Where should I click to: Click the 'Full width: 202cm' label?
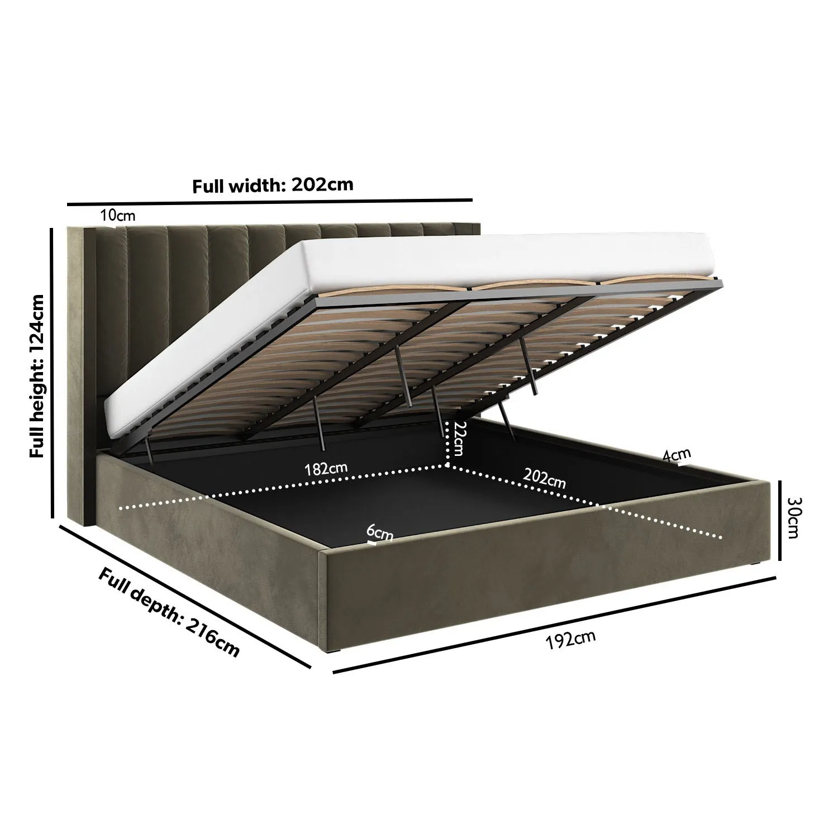(273, 185)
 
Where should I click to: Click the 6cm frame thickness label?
(380, 534)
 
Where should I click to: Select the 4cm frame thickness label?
(677, 455)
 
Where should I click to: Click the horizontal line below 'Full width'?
(269, 202)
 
